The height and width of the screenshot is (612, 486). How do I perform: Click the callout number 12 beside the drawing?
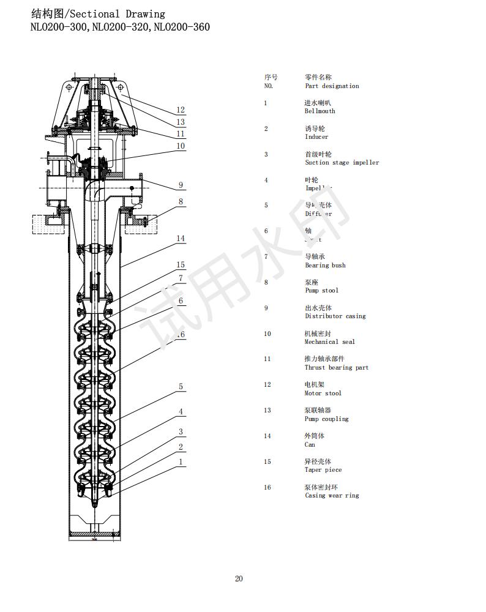click(x=181, y=110)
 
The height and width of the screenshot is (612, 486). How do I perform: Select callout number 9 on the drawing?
click(x=181, y=185)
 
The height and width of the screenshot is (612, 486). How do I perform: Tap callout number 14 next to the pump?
click(x=181, y=239)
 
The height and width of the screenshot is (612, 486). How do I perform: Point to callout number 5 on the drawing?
click(x=181, y=387)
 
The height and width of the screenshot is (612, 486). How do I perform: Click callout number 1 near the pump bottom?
click(x=181, y=461)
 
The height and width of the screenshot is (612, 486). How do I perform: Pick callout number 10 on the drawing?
click(x=181, y=146)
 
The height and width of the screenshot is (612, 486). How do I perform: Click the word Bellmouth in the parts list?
click(x=320, y=111)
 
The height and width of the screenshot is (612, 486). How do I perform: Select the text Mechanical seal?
click(x=329, y=342)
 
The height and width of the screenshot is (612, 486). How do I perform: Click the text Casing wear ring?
click(x=332, y=496)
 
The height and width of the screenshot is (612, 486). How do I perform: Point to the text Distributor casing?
click(x=335, y=316)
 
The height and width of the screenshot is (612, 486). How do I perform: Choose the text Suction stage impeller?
click(x=342, y=163)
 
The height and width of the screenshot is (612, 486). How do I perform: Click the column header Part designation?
click(x=332, y=86)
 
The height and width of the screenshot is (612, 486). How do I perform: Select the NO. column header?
click(x=268, y=86)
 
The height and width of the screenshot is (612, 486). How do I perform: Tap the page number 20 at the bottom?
click(x=239, y=579)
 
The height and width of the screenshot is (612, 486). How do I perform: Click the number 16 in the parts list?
click(x=267, y=487)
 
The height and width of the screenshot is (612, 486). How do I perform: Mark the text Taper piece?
click(x=323, y=470)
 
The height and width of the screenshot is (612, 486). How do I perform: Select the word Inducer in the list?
click(x=316, y=137)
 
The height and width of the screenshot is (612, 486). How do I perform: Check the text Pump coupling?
click(x=326, y=419)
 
